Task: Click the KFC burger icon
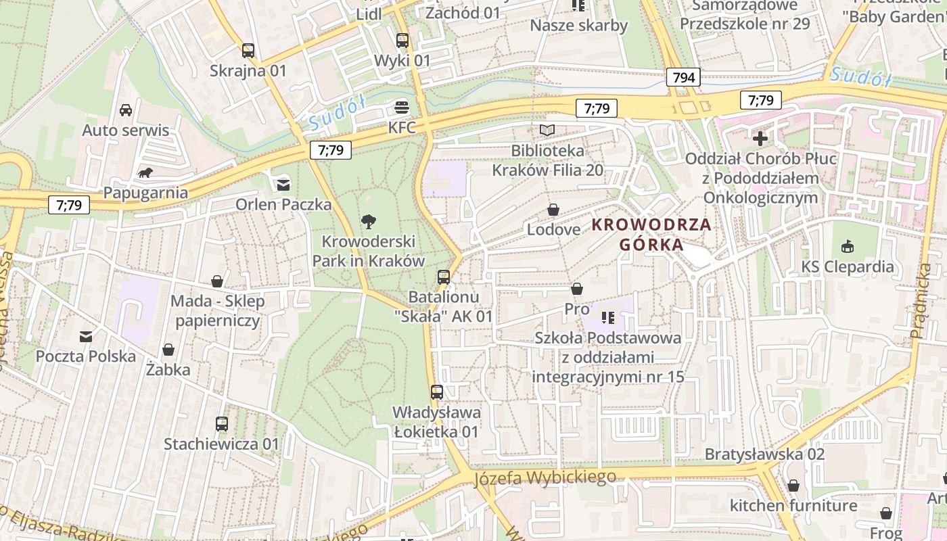(402, 108)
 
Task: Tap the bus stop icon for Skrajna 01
(248, 50)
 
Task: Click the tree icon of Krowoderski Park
(368, 220)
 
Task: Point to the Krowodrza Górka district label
(652, 235)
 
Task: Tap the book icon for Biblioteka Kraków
(547, 130)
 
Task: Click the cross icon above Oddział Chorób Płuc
(760, 139)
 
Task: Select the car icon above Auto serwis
(126, 110)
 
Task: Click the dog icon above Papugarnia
(145, 173)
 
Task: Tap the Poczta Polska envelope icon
(86, 336)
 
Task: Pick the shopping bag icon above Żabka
(168, 350)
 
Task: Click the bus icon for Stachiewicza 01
(222, 424)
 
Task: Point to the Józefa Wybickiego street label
(545, 477)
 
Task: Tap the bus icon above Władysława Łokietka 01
(437, 392)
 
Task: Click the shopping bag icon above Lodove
(553, 210)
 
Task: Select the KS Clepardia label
(847, 266)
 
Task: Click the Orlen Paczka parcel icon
(283, 184)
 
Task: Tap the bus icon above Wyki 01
(402, 41)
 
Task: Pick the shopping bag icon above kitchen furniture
(793, 486)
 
